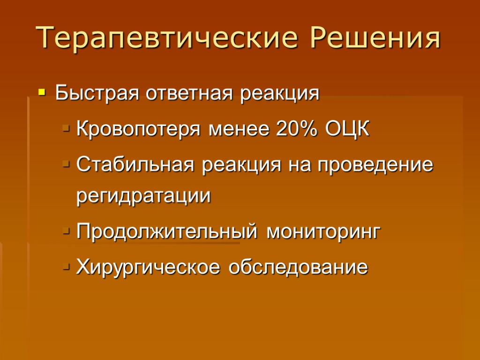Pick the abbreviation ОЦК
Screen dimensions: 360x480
[x=346, y=129]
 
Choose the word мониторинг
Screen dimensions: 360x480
[x=322, y=232]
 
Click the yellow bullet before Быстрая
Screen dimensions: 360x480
[x=42, y=93]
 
